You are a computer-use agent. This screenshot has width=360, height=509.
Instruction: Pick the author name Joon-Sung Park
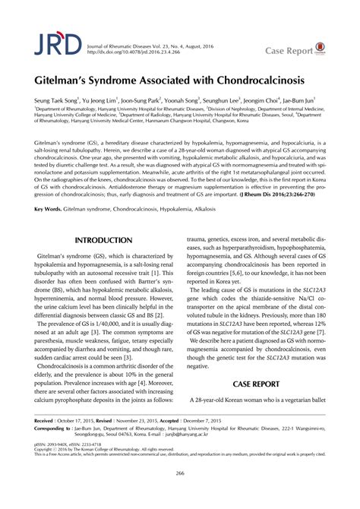(x=163, y=100)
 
